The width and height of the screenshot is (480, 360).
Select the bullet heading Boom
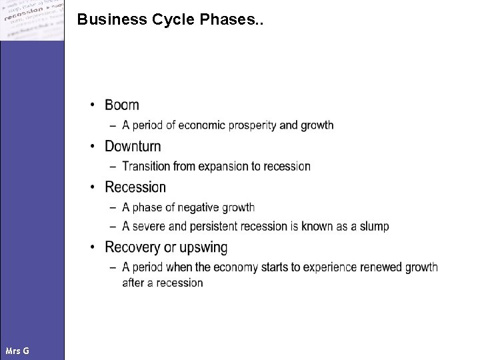click(x=122, y=105)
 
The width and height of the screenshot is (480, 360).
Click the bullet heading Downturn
click(x=133, y=146)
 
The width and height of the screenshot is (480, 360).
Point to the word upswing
click(x=203, y=248)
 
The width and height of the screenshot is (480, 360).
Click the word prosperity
click(x=251, y=125)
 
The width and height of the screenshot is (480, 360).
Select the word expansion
click(x=223, y=166)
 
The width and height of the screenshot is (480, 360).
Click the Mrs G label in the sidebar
click(x=17, y=351)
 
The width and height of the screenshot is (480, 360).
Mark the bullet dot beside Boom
click(x=95, y=105)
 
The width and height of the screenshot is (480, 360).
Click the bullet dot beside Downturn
click(x=95, y=147)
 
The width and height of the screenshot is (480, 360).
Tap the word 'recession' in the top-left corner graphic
click(x=23, y=15)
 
